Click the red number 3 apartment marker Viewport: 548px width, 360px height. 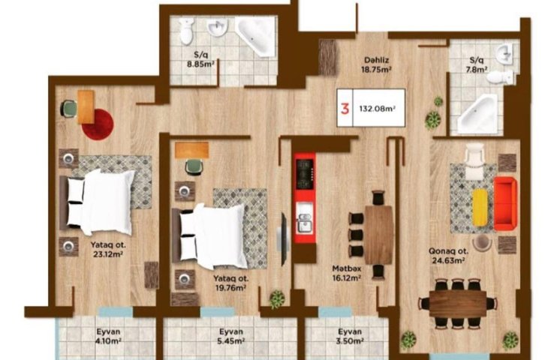point(345,109)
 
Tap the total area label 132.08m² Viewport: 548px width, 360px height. point(378,108)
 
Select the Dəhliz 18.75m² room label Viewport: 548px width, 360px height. point(376,65)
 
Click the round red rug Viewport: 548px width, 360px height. point(98,124)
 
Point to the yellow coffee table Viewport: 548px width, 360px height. point(480,207)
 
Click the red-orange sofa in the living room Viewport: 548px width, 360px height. point(505,203)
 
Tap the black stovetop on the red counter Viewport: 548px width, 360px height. point(306,174)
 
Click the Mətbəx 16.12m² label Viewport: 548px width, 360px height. point(346,274)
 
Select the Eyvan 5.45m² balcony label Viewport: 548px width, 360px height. point(231,336)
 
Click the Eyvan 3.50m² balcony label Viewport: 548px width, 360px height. point(350,336)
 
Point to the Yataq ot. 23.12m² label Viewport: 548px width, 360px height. point(108,249)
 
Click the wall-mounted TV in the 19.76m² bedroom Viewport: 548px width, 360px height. point(284,238)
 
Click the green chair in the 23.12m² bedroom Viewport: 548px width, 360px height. point(70,108)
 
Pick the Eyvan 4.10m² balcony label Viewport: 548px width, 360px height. point(108,336)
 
